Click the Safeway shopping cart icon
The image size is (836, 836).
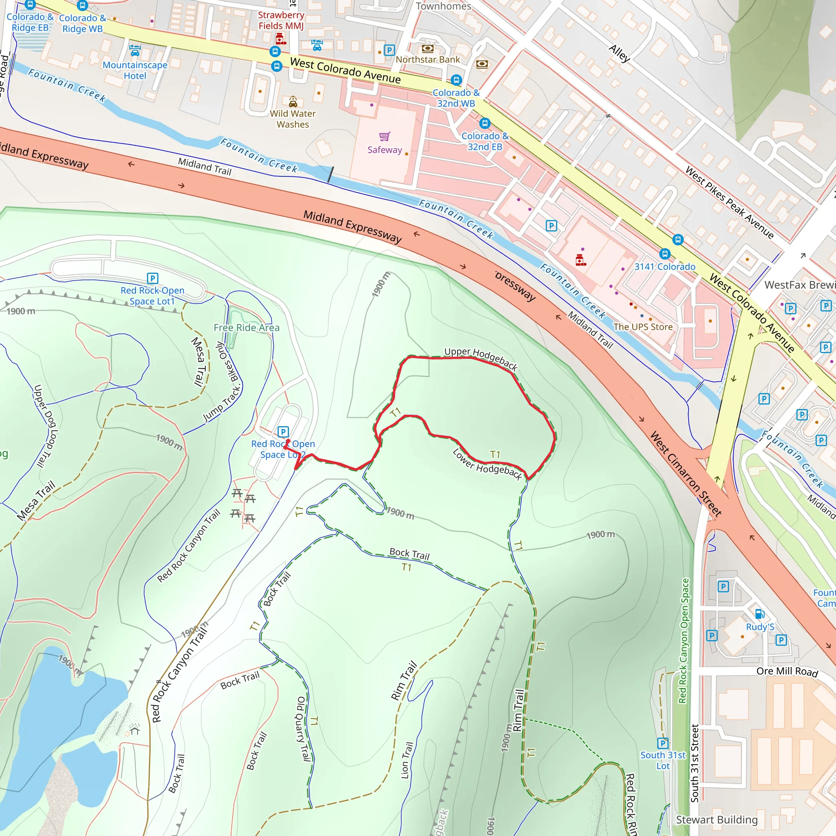pyautogui.click(x=384, y=137)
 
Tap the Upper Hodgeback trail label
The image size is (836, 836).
pyautogui.click(x=480, y=358)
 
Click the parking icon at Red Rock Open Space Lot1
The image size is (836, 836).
pyautogui.click(x=152, y=278)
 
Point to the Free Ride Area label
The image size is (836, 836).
pyautogui.click(x=247, y=327)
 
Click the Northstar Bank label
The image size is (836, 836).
pyautogui.click(x=427, y=60)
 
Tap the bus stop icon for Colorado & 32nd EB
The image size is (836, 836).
pyautogui.click(x=485, y=123)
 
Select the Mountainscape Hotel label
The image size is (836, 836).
pyautogui.click(x=135, y=71)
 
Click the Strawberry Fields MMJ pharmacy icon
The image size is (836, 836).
pyautogui.click(x=280, y=38)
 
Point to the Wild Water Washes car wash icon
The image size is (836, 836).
pyautogui.click(x=293, y=101)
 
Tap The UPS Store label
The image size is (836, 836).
pyautogui.click(x=643, y=327)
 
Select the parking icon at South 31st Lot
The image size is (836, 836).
pyautogui.click(x=663, y=743)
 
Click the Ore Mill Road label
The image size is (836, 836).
pyautogui.click(x=787, y=671)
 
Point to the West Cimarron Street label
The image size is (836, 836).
pyautogui.click(x=686, y=474)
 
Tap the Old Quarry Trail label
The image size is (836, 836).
pyautogui.click(x=302, y=729)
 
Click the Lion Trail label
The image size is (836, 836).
pyautogui.click(x=407, y=760)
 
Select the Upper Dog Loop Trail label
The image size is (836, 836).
pyautogui.click(x=45, y=426)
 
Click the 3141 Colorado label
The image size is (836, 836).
pyautogui.click(x=665, y=267)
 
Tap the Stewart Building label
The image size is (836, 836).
pyautogui.click(x=716, y=820)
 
